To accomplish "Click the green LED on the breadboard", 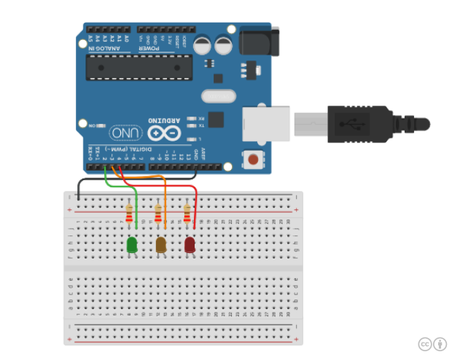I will pyautogui.click(x=133, y=246).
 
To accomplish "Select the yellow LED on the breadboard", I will pyautogui.click(x=161, y=246).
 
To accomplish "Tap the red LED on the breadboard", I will pyautogui.click(x=190, y=246).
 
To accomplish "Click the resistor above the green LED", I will pyautogui.click(x=130, y=214).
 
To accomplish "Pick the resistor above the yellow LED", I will pyautogui.click(x=158, y=214).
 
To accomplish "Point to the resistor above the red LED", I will pyautogui.click(x=187, y=214).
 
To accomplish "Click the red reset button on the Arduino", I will pyautogui.click(x=253, y=159).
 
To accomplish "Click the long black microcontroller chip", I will pyautogui.click(x=139, y=67).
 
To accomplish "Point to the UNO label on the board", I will pyautogui.click(x=126, y=133).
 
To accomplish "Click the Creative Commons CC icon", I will pyautogui.click(x=425, y=344).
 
